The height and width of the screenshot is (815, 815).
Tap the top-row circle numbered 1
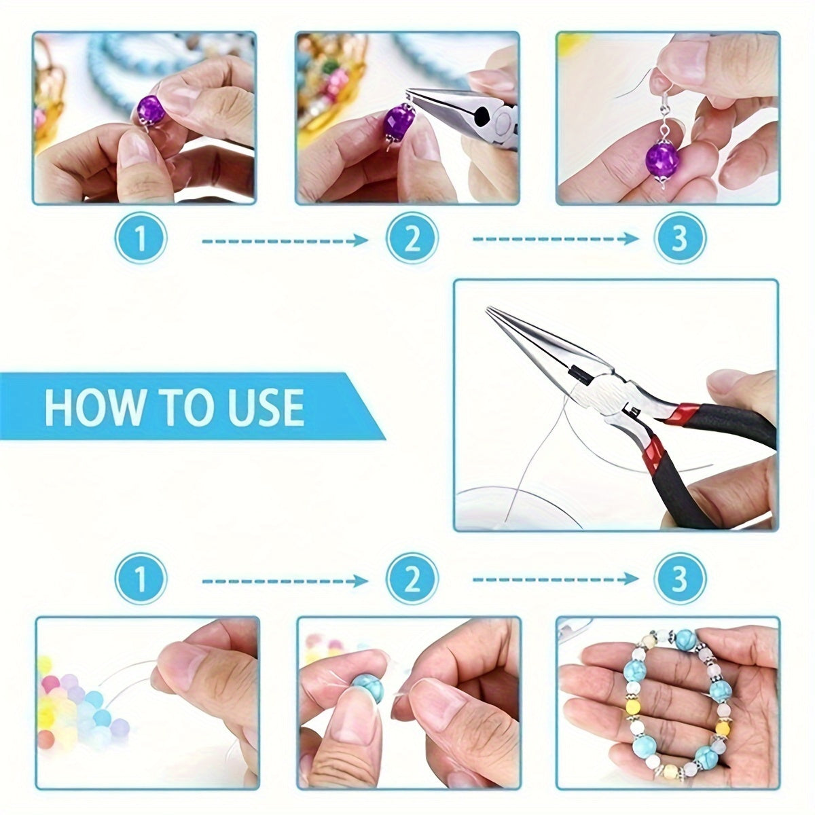tap(141, 239)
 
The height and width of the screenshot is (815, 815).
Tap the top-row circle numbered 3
tap(680, 239)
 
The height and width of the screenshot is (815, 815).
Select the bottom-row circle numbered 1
tap(141, 579)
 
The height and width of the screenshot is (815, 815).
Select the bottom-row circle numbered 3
tap(680, 579)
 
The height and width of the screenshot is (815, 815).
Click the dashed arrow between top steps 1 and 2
tap(285, 240)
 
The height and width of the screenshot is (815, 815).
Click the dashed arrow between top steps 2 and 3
tap(556, 239)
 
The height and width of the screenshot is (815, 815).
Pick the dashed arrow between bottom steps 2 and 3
tap(556, 579)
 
